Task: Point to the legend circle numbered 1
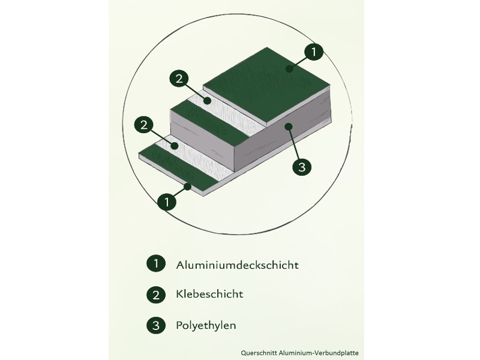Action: (x=155, y=263)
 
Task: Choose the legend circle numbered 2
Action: (x=155, y=295)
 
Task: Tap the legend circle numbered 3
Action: (x=155, y=326)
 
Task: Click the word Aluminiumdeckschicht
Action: (x=237, y=264)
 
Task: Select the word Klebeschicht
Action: (x=209, y=295)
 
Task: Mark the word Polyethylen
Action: (x=206, y=326)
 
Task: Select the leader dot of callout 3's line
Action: (x=288, y=126)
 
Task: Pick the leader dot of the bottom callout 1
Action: (x=188, y=187)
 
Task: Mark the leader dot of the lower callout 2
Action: (x=175, y=146)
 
